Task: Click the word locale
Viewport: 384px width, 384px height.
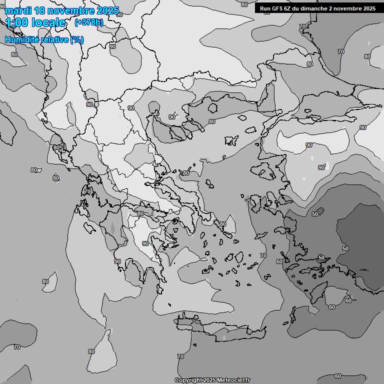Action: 48,22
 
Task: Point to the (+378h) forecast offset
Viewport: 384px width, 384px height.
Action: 88,22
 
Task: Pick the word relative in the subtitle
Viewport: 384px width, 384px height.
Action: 54,39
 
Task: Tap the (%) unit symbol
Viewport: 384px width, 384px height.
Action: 77,39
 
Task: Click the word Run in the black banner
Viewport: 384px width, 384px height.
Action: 265,8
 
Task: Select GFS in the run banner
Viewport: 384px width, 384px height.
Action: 277,8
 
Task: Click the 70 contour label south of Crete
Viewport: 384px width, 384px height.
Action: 180,356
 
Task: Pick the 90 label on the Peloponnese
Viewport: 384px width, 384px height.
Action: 145,243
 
